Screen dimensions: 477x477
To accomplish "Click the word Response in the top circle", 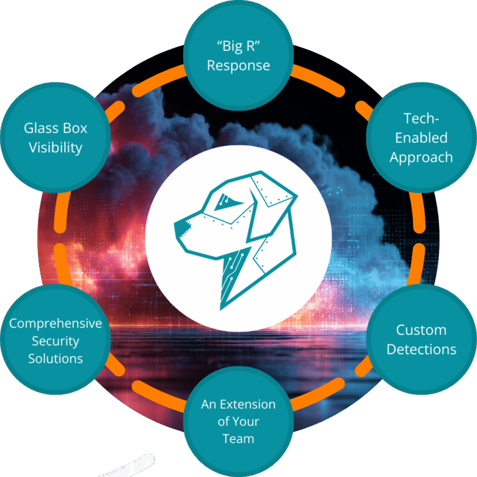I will (x=238, y=66).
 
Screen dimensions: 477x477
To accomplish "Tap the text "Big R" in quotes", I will (x=238, y=47).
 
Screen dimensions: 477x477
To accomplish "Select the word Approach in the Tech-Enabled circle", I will (x=421, y=158).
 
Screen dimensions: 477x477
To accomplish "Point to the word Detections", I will (x=421, y=349).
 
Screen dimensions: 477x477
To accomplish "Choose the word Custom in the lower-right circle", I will (x=421, y=329).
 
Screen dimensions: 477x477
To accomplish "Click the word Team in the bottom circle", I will (x=238, y=438).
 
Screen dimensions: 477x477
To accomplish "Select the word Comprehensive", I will (x=55, y=324).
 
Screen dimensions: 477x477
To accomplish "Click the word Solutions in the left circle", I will (x=55, y=358).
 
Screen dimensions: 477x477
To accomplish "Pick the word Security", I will (x=55, y=341).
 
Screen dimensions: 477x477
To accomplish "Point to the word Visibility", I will (x=55, y=148).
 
